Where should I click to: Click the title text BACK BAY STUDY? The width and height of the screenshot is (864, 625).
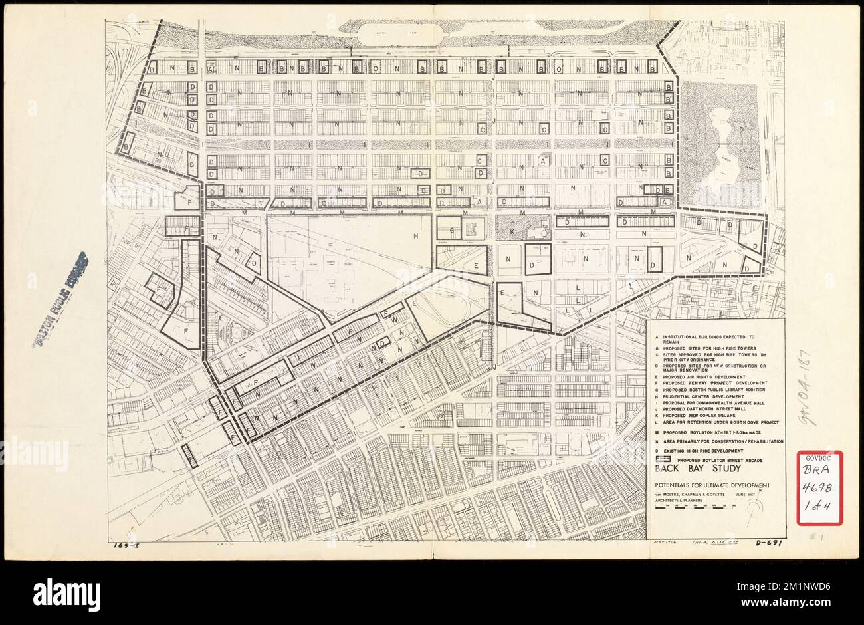point(689,468)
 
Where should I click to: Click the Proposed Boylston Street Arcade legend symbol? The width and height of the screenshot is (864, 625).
point(662,459)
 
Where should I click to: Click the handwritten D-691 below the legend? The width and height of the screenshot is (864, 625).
point(767,543)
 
